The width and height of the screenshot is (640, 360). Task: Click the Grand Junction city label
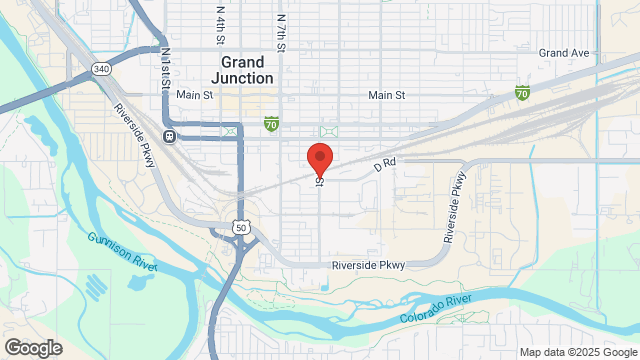click(244, 69)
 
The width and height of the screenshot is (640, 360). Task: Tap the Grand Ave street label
click(563, 52)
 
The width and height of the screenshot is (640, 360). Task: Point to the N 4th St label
click(220, 25)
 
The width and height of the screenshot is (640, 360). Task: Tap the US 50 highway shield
click(241, 228)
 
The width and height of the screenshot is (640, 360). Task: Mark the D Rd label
click(386, 164)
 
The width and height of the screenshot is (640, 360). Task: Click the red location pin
click(319, 160)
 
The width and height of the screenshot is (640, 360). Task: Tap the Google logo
click(32, 348)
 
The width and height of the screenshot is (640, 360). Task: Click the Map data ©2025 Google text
click(576, 352)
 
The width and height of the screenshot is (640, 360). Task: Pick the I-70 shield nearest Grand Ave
click(522, 93)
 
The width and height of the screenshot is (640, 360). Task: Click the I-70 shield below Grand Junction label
click(271, 123)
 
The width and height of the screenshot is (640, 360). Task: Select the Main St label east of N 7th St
click(386, 95)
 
